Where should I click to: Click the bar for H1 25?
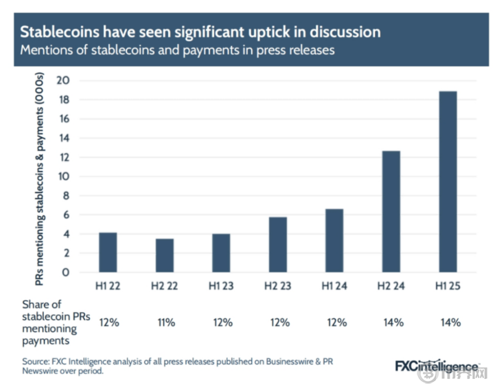click(447, 182)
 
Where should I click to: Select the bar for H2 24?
click(390, 211)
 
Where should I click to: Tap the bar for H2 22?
click(163, 255)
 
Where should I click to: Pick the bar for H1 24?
click(334, 240)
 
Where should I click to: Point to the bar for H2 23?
click(277, 244)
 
